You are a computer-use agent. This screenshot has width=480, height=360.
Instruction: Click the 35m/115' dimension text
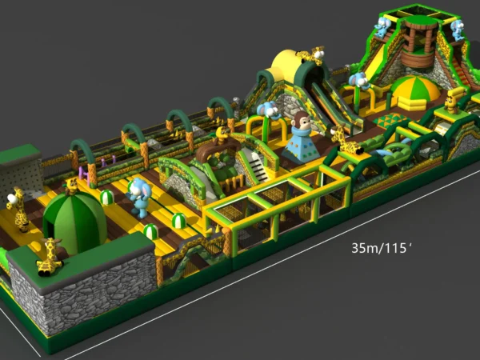pos(382,248)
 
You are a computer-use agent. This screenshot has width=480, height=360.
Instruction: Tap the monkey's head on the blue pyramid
pos(302,121)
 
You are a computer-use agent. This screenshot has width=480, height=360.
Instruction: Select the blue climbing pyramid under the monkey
pos(302,145)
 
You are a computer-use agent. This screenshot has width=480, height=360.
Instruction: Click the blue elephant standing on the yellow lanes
pos(139,198)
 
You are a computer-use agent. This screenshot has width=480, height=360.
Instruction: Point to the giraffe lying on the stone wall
pos(50,258)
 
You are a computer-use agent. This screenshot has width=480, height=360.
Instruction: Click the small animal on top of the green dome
pos(72,186)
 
